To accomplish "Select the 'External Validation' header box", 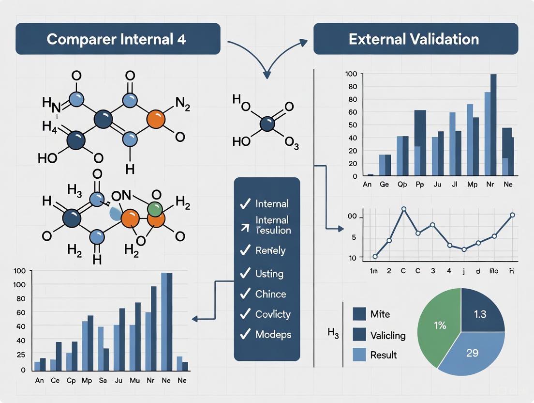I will [415, 39].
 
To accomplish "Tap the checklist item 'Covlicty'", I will [273, 314].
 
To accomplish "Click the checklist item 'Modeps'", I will [273, 334].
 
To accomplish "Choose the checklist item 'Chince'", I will [270, 294].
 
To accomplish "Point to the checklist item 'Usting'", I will [269, 274].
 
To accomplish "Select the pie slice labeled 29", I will [472, 353].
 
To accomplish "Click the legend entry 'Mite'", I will [379, 314].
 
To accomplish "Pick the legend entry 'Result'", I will [383, 355].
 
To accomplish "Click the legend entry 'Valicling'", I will [387, 335].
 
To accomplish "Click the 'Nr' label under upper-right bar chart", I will [490, 185].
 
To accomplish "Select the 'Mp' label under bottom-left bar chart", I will [88, 381].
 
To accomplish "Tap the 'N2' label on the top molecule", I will [182, 102].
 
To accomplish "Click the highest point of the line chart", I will [403, 209].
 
